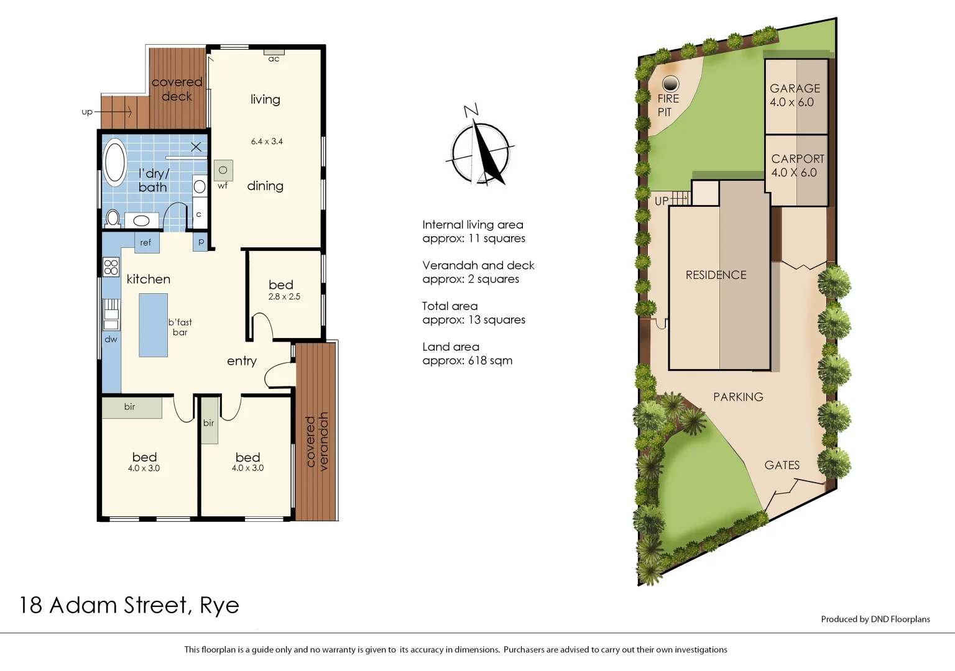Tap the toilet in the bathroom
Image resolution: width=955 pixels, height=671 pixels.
tap(113, 218)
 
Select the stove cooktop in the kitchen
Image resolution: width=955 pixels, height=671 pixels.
tap(111, 267)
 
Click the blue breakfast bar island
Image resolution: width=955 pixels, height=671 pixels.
tap(153, 325)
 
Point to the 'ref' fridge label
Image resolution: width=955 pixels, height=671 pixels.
tap(145, 243)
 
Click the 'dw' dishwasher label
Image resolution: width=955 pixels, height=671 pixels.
tap(111, 339)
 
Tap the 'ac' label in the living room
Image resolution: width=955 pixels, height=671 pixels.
tap(274, 59)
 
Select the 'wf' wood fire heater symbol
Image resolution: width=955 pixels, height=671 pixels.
tap(223, 170)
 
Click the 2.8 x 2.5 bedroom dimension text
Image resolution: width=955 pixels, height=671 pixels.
tap(284, 297)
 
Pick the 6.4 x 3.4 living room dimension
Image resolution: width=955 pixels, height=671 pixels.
tap(267, 142)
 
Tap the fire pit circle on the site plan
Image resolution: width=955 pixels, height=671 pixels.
tap(670, 83)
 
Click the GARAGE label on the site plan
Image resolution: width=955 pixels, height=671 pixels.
tap(795, 88)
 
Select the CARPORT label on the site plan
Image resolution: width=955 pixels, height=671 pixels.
tap(798, 159)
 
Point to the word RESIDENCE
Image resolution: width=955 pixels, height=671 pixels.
tap(716, 275)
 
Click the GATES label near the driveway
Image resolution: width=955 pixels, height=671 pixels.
tap(782, 465)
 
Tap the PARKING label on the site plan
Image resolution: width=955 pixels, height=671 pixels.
tap(738, 396)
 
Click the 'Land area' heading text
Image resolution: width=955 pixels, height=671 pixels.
tap(451, 347)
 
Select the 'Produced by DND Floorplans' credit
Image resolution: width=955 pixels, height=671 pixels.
tap(875, 619)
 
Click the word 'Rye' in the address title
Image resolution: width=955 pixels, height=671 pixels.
tap(219, 605)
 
